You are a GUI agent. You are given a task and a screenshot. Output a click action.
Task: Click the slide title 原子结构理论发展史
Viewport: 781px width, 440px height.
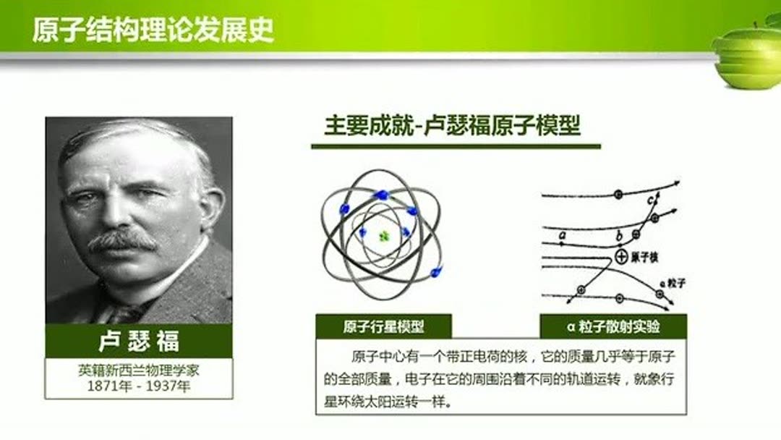coord(153,31)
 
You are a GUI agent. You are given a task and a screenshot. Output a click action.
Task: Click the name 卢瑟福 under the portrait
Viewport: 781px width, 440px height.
coord(139,341)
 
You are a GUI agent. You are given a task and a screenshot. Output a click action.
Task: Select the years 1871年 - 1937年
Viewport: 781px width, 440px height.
coord(139,386)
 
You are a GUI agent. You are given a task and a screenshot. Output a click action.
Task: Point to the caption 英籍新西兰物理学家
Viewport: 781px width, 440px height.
coord(139,370)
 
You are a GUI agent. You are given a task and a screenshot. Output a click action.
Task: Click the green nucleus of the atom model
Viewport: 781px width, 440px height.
coord(383,235)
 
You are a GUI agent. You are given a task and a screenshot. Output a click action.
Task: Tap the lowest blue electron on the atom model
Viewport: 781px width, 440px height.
coord(435,272)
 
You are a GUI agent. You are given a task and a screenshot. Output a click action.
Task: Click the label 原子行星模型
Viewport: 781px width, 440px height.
coord(383,326)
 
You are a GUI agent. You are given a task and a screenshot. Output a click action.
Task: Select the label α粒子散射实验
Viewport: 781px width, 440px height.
coord(613,326)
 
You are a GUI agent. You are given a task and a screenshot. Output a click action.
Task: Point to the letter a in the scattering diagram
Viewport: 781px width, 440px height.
coord(561,234)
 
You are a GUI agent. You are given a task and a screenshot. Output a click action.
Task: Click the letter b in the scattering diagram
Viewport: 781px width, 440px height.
coord(618,235)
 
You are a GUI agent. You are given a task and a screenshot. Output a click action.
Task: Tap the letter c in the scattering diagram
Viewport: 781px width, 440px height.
coord(651,199)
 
